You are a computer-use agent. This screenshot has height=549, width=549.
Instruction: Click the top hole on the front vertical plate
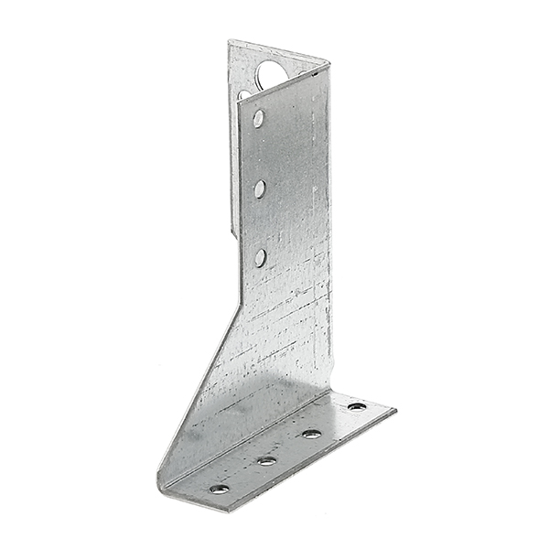[259, 118]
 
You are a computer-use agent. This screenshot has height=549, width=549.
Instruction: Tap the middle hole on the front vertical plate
[260, 188]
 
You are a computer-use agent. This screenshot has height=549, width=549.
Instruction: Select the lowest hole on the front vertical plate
[261, 257]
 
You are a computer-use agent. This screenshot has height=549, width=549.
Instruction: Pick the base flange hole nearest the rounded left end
[220, 489]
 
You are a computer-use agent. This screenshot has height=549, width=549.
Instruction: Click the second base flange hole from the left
[266, 460]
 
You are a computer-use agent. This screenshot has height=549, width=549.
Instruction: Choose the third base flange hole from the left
[312, 434]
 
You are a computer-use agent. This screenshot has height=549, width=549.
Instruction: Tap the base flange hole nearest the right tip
[357, 406]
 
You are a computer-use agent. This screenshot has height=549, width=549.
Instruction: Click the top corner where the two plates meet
[328, 64]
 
